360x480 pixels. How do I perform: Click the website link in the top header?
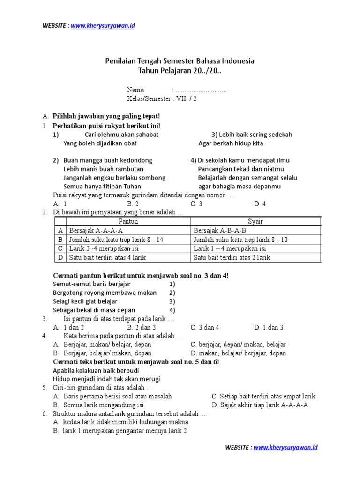pos(103,25)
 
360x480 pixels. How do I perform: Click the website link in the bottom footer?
pos(285,447)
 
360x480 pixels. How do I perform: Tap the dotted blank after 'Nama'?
pos(201,90)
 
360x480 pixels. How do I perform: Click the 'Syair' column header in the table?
pos(255,221)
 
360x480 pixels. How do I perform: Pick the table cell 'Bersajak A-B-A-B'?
pos(220,231)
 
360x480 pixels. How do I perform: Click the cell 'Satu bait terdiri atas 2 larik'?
pos(232,257)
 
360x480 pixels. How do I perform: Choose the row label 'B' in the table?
pos(60,240)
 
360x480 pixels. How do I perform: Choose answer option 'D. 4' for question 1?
pos(260,203)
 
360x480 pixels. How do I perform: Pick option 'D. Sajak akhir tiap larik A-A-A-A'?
pos(260,405)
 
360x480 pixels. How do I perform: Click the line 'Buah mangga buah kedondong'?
pos(107,160)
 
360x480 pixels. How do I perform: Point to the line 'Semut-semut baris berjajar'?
pos(92,284)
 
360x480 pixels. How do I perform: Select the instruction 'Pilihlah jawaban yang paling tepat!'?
pos(106,116)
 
